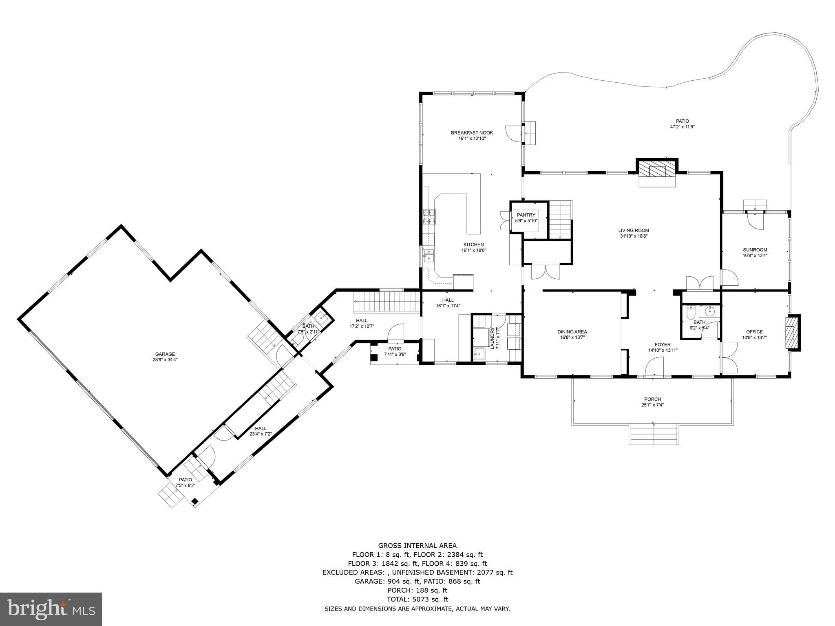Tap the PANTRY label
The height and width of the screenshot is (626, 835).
point(526,215)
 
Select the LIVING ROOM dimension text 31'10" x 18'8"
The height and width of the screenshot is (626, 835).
point(634,236)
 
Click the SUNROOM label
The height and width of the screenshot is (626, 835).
point(755,250)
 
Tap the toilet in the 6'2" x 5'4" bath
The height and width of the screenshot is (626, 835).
point(690,313)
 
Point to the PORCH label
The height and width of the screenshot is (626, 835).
point(652,399)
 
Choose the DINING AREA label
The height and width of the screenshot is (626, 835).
point(572,332)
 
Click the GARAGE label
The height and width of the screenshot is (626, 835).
point(165,354)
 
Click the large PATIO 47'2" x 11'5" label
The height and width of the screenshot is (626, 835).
point(682,121)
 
